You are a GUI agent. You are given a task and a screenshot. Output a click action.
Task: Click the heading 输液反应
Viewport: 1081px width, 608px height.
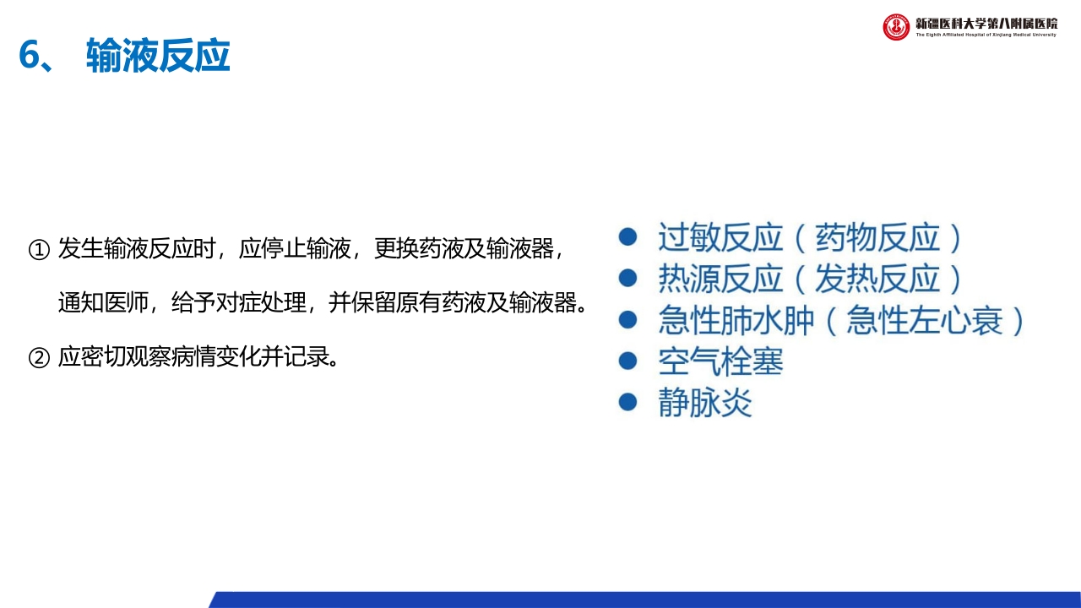[158, 57]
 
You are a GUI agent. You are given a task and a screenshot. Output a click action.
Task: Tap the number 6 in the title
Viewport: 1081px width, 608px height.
[31, 57]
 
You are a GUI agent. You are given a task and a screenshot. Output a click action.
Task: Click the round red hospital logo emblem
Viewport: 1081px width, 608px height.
[896, 27]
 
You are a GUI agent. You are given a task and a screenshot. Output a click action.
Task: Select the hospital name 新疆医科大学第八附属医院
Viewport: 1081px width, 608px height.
[986, 23]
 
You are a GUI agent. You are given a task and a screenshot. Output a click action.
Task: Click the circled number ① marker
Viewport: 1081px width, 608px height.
[40, 249]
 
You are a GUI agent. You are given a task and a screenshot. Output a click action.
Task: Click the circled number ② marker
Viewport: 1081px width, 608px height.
[40, 357]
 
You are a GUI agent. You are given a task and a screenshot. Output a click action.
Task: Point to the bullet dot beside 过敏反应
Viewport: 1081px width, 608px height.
[627, 237]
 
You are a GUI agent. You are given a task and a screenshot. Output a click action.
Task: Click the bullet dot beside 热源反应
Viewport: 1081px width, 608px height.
[627, 278]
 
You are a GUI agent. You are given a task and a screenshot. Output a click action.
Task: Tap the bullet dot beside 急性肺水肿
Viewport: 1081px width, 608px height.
[627, 319]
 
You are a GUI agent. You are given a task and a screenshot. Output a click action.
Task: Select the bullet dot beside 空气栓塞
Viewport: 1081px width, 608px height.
[627, 361]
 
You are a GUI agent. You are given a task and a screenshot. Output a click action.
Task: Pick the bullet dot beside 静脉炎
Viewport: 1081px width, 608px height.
[627, 402]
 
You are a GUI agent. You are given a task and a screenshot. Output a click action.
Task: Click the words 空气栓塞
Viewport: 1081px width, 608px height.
[720, 361]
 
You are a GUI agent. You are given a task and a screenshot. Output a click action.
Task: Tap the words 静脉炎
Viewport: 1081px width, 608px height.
[704, 403]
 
